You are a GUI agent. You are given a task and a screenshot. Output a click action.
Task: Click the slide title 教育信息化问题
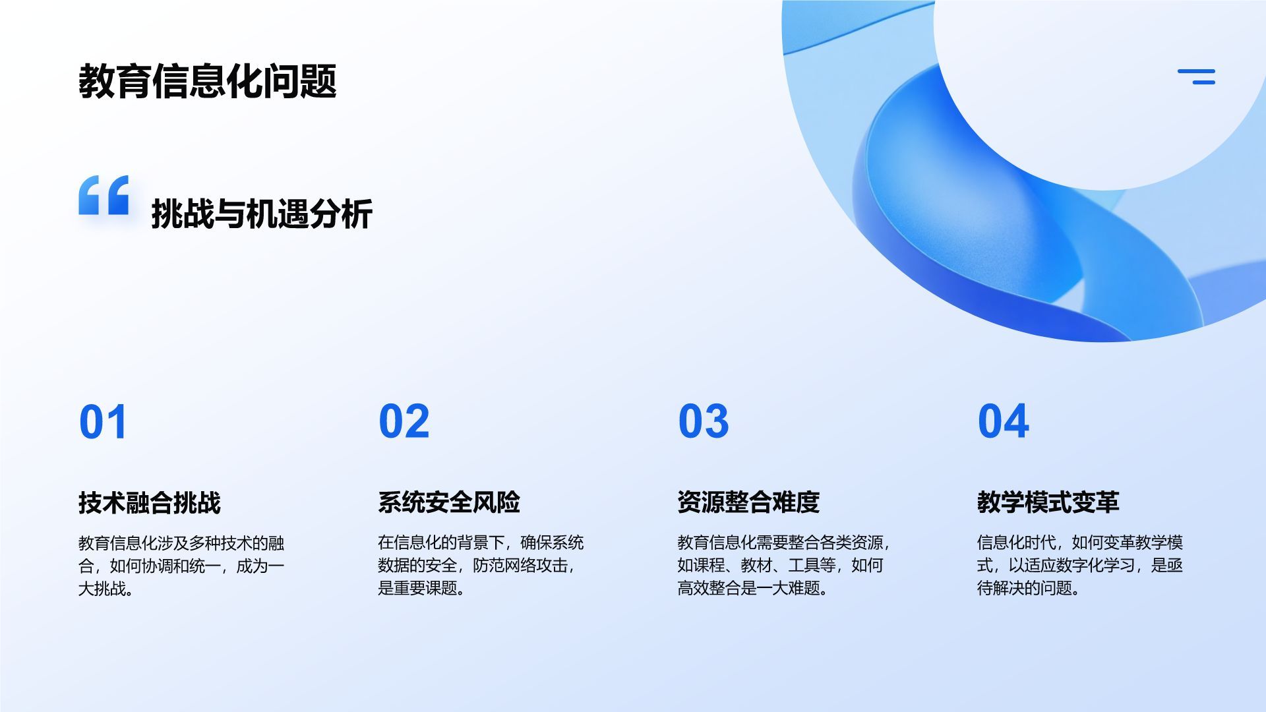[x=208, y=82]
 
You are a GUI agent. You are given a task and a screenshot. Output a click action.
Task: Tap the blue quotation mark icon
[x=104, y=195]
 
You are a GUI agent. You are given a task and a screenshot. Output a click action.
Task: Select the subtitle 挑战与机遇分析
[x=262, y=214]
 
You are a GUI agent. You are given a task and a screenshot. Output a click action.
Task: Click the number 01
[x=103, y=422]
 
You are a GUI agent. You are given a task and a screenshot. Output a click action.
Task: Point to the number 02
[x=404, y=421]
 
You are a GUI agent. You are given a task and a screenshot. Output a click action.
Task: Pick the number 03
[x=704, y=421]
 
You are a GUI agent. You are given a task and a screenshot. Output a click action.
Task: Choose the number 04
[x=1003, y=421]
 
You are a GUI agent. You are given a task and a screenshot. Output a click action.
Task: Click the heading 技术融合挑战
[x=150, y=502]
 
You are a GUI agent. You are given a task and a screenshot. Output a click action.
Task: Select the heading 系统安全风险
[x=449, y=502]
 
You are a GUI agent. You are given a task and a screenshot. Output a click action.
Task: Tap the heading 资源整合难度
[x=748, y=502]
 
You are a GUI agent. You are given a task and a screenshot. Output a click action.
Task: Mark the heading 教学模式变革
[x=1048, y=502]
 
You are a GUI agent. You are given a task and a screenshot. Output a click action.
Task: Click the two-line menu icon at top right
[x=1196, y=76]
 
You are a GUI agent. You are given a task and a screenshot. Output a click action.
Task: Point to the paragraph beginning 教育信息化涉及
[x=181, y=565]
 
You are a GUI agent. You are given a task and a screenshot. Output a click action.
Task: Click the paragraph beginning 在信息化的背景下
[x=481, y=565]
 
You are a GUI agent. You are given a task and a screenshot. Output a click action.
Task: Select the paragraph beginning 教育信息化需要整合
[x=783, y=565]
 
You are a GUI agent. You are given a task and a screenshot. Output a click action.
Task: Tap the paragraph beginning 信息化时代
[x=1079, y=565]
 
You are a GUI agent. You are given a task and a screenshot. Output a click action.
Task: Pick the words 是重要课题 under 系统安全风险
[x=417, y=587]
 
